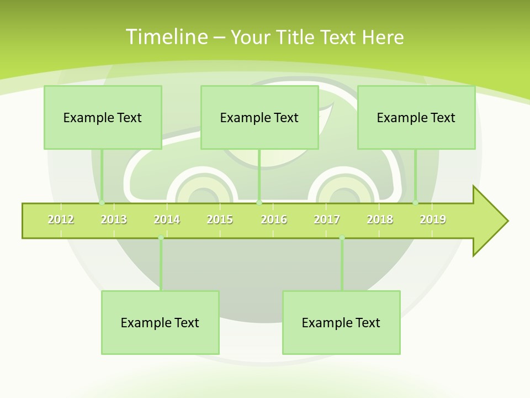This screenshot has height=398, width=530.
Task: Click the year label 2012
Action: pos(61,219)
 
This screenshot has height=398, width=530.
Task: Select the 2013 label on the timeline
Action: pos(114,219)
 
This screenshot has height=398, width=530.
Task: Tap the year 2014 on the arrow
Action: pos(167,219)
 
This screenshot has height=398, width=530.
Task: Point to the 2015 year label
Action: pos(220,219)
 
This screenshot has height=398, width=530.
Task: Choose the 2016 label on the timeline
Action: pos(274,219)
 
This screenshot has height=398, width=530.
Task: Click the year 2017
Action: pos(327,219)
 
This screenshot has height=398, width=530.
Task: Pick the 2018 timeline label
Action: pos(380,219)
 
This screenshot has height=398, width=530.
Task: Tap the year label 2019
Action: pos(433,219)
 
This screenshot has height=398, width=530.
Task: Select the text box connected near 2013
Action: pos(103,117)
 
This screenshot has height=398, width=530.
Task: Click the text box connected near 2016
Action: pos(259,117)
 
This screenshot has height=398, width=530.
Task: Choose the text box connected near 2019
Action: pos(416,117)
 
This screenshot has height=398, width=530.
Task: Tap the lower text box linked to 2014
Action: pos(160,322)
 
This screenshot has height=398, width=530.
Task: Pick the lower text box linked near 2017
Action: pos(341,322)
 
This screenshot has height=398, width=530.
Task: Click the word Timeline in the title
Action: pos(166,37)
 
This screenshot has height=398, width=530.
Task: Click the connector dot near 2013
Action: pos(102,203)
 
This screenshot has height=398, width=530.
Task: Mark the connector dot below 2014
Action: pos(161,238)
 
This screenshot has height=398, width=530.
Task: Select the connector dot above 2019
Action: pos(416,203)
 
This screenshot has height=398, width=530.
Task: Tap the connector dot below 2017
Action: pos(342,238)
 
